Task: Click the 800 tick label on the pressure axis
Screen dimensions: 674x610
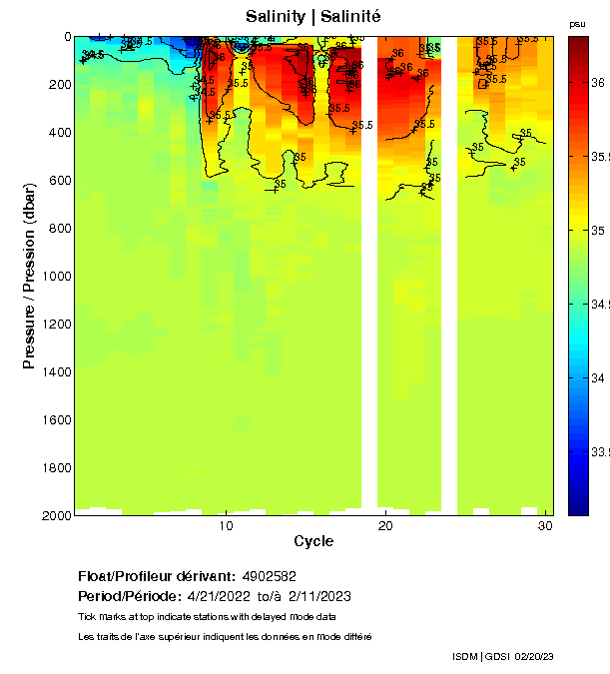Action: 58,228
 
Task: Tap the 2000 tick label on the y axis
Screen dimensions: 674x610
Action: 54,515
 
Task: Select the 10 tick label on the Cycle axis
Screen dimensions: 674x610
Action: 227,526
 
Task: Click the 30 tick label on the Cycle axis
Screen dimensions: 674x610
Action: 545,526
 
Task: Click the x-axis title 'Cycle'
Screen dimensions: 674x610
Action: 313,542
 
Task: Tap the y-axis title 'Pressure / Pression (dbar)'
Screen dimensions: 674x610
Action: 29,277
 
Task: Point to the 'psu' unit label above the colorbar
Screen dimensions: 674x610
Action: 577,23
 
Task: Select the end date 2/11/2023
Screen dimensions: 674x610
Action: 318,596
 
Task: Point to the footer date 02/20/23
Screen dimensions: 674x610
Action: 533,656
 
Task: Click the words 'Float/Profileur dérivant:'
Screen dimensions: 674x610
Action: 156,576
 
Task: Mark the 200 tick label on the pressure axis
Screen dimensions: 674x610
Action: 58,84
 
